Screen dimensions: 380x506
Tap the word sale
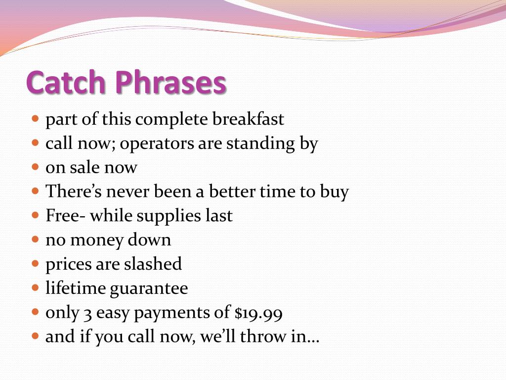click(x=85, y=168)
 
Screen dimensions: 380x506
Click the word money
click(x=97, y=240)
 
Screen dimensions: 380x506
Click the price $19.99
click(x=258, y=313)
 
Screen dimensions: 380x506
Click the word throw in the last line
click(x=262, y=337)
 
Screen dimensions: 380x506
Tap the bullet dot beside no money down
click(x=35, y=239)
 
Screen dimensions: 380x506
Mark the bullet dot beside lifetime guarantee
click(x=35, y=287)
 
